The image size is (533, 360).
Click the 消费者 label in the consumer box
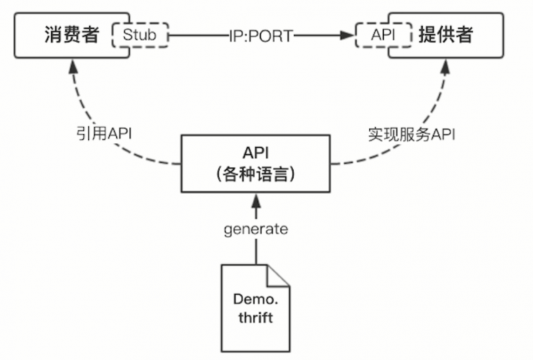tap(70, 35)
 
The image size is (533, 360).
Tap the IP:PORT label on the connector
tap(261, 36)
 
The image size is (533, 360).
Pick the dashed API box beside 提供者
tap(384, 36)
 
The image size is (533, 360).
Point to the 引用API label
tap(103, 134)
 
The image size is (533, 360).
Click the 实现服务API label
tap(411, 134)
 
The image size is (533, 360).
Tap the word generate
tap(256, 229)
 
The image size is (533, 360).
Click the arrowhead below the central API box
tap(256, 201)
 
